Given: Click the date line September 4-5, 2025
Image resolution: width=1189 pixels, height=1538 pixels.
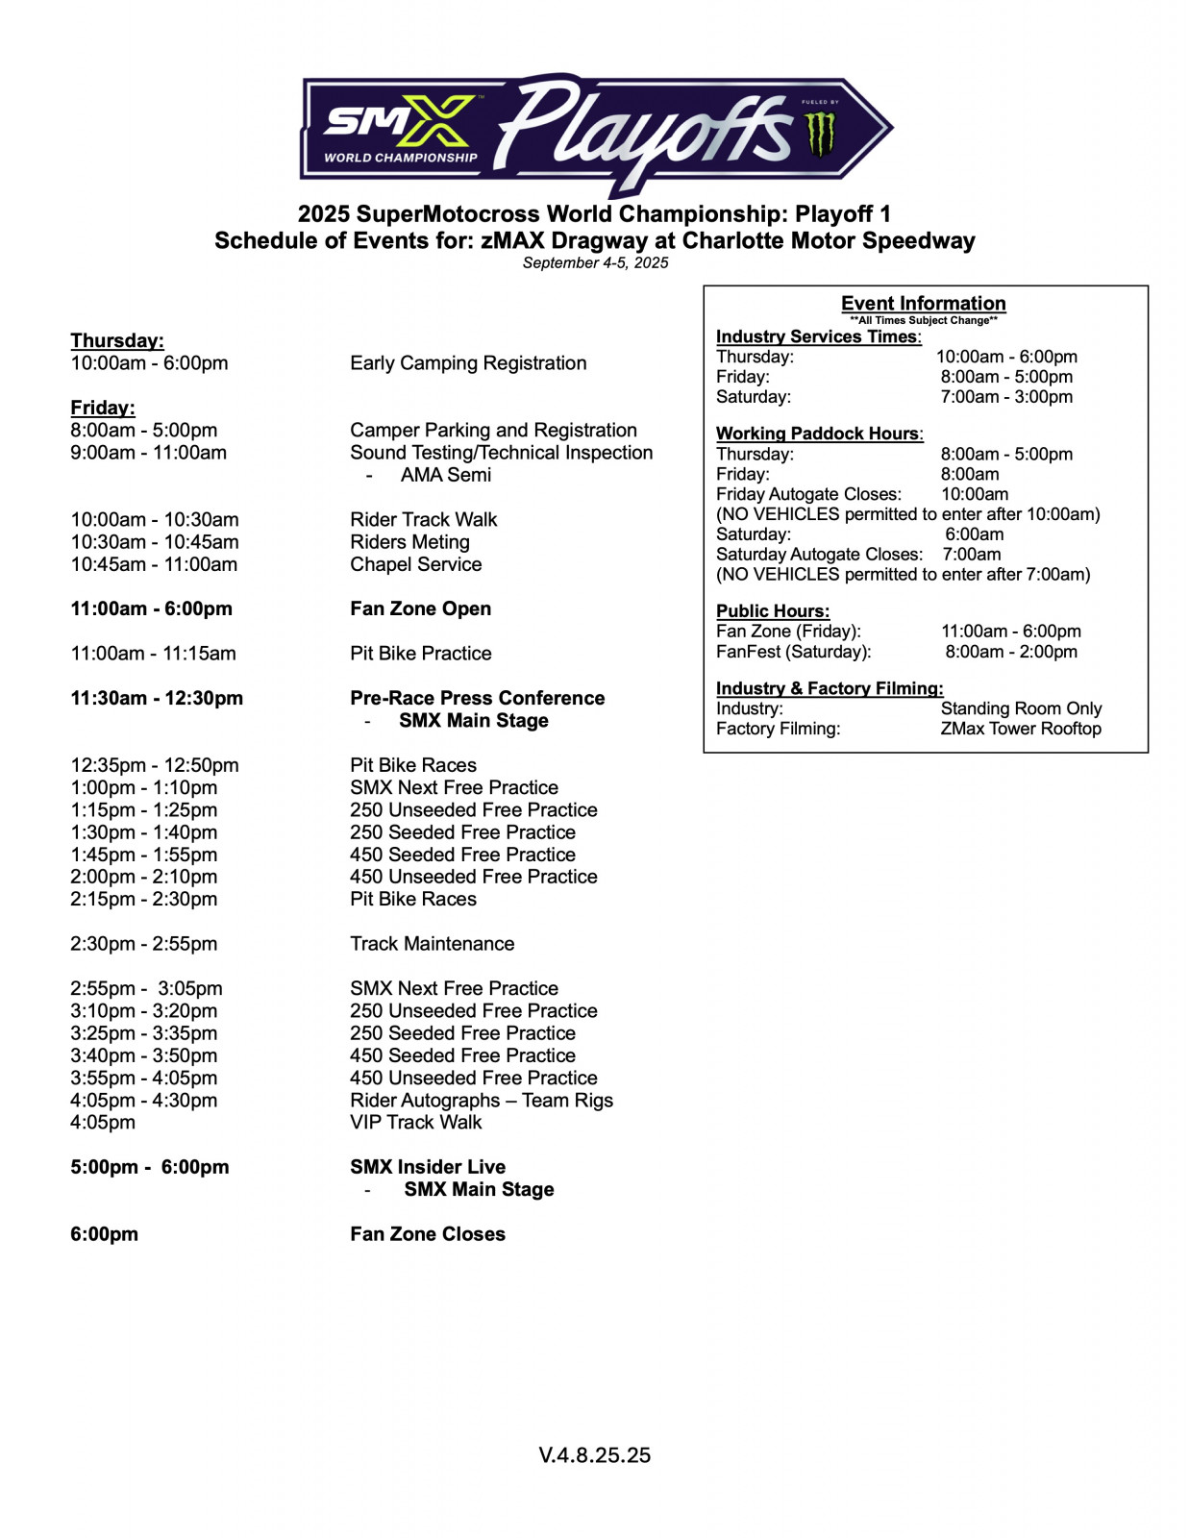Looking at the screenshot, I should [x=595, y=262].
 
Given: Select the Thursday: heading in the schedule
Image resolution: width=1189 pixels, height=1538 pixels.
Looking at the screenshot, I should [x=117, y=340].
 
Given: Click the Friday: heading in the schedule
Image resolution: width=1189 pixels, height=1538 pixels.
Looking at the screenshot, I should [x=103, y=408].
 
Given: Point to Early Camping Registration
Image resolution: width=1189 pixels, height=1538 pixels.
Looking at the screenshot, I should [x=468, y=363].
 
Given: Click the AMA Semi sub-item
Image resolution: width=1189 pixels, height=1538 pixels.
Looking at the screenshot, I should [x=446, y=475].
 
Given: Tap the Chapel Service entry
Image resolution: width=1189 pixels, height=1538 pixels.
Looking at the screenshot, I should [x=415, y=564].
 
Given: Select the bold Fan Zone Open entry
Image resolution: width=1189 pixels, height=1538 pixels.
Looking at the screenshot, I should [x=420, y=608].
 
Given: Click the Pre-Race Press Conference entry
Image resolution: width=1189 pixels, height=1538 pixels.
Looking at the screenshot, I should [x=477, y=698].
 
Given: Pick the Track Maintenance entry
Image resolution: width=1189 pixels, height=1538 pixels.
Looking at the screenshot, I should [x=432, y=944].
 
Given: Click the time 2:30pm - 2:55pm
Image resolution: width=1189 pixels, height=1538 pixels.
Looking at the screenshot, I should [x=143, y=944].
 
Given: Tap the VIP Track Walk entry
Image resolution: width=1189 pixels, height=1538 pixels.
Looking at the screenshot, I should [x=415, y=1122].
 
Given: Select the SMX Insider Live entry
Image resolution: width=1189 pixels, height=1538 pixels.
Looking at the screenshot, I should [x=427, y=1167].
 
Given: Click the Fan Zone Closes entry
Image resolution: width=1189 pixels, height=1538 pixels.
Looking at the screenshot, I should [x=427, y=1234].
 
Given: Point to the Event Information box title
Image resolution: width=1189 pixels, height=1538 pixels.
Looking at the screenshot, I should [x=923, y=303].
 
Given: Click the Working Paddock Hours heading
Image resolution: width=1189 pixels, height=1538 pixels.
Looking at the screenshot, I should [x=819, y=434].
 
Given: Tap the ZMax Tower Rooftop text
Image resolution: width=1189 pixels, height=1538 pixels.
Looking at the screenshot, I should [x=1021, y=729].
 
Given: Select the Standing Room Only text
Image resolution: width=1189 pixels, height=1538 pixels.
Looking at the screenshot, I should [x=1021, y=708].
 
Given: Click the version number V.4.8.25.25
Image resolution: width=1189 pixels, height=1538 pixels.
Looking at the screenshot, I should [x=594, y=1455].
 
